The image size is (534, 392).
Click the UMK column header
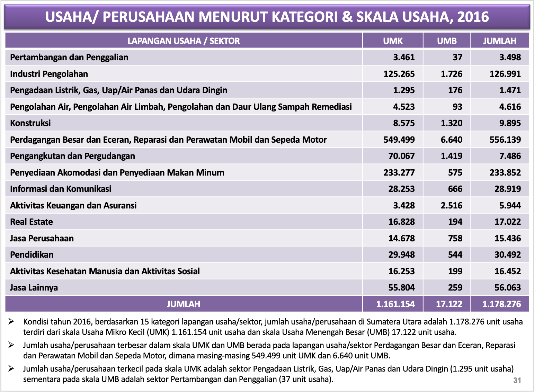coord(393,41)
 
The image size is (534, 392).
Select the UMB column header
coord(447,41)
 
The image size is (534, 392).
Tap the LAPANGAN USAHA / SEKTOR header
coord(184,41)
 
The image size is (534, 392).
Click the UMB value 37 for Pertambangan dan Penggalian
coord(457,57)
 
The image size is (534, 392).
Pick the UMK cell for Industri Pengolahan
coord(399,74)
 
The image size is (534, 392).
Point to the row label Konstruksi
coord(30,123)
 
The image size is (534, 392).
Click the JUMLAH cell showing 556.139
coord(505,140)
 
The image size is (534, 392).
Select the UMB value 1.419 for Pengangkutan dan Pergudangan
coord(451,156)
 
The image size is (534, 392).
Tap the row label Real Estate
coord(32,222)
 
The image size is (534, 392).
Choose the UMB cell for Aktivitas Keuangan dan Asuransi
coord(451,205)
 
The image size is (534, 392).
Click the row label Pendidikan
coord(32,255)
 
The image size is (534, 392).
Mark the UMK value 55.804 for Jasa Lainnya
coord(401,288)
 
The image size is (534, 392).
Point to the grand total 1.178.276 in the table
coord(501,304)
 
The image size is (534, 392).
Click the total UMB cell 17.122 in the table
coord(449,304)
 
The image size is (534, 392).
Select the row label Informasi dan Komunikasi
coord(61,189)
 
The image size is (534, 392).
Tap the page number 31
coord(517,380)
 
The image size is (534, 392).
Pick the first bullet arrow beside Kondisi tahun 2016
coord(11,322)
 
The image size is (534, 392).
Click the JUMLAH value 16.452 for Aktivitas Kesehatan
coord(507,271)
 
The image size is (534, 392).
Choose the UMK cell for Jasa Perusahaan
coord(401,238)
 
